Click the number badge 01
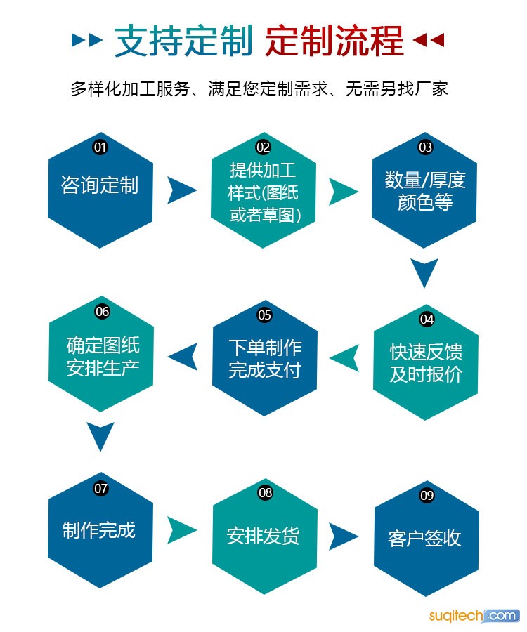coord(100,147)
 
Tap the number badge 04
coord(427,319)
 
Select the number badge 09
coord(427,495)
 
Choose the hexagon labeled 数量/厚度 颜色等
coord(425,191)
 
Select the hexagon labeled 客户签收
coord(426,538)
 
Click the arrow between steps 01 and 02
coord(181,190)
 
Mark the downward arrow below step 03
coord(424,273)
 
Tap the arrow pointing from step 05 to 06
coord(183,357)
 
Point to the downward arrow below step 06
coord(100,437)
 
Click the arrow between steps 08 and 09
coord(344,536)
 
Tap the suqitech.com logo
coord(474,616)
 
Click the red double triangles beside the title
coord(428,41)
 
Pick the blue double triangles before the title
coord(88,41)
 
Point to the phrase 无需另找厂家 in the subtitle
coord(397,89)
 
